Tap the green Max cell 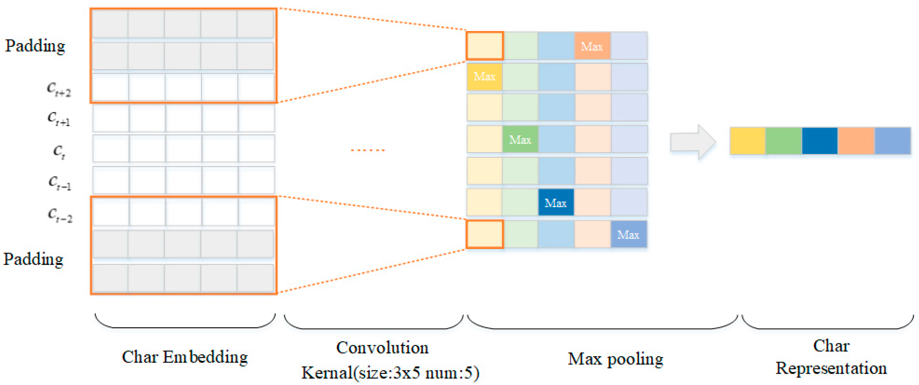coord(520,139)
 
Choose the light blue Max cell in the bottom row coord(629,234)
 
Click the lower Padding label coord(34,259)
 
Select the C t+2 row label coord(59,89)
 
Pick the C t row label coord(59,151)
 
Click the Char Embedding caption coord(185,357)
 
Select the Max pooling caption coord(615,359)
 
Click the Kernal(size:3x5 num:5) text coord(390,373)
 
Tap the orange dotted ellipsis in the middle coord(367,150)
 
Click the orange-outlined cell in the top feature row coord(485,46)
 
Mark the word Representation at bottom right coord(831,368)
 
